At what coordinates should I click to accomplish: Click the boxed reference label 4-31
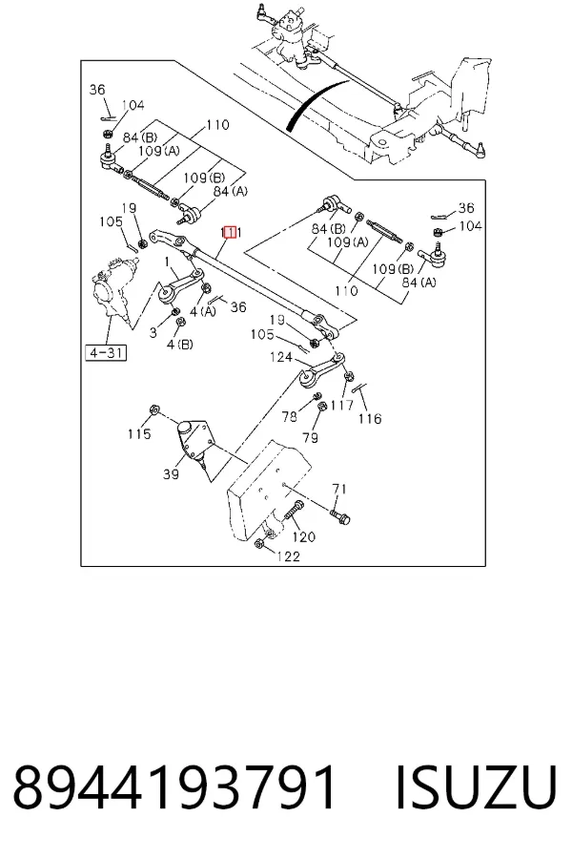pyautogui.click(x=106, y=352)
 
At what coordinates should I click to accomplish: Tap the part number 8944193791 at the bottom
pyautogui.click(x=174, y=787)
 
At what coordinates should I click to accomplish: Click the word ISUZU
pyautogui.click(x=476, y=787)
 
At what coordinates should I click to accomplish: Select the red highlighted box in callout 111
pyautogui.click(x=231, y=232)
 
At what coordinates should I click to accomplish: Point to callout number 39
pyautogui.click(x=171, y=473)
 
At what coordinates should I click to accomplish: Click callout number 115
pyautogui.click(x=139, y=433)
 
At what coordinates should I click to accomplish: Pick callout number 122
pyautogui.click(x=289, y=556)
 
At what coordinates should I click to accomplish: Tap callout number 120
pyautogui.click(x=304, y=536)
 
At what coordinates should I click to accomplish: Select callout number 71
pyautogui.click(x=339, y=488)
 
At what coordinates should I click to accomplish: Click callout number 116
pyautogui.click(x=370, y=419)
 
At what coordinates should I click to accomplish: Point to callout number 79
pyautogui.click(x=311, y=437)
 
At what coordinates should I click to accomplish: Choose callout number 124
pyautogui.click(x=281, y=357)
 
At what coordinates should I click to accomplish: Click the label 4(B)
pyautogui.click(x=180, y=345)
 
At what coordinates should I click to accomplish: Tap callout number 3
pyautogui.click(x=153, y=332)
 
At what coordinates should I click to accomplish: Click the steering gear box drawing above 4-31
pyautogui.click(x=115, y=291)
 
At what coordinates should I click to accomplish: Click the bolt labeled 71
pyautogui.click(x=340, y=515)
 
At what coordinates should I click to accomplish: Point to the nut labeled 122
pyautogui.click(x=259, y=543)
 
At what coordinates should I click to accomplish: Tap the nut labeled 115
pyautogui.click(x=154, y=409)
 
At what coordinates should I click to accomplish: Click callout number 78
pyautogui.click(x=290, y=416)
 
